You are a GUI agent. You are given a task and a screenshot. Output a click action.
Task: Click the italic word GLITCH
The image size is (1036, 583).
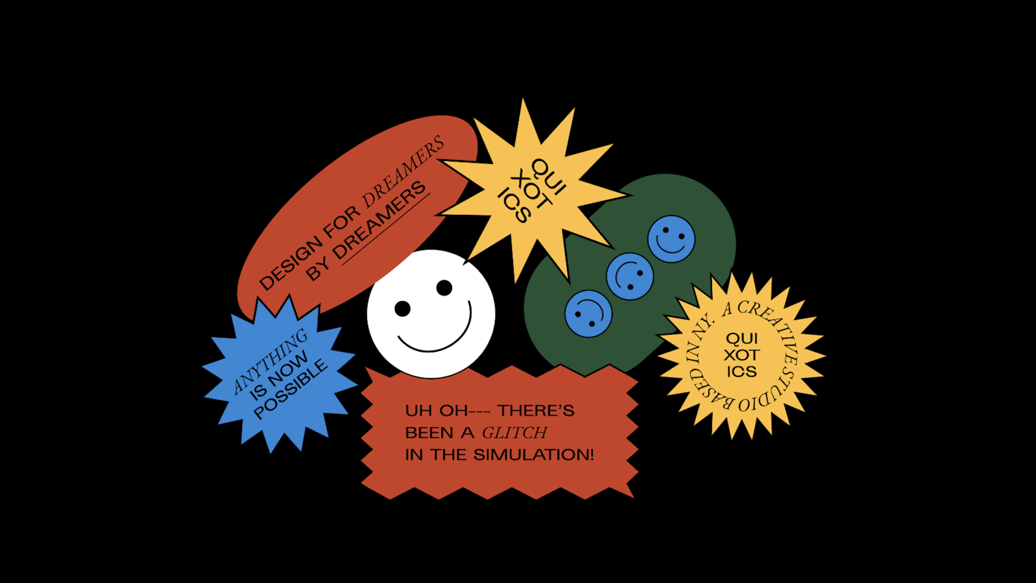[x=514, y=433]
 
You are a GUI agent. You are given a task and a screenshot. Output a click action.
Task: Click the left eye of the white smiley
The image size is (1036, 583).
[x=403, y=309]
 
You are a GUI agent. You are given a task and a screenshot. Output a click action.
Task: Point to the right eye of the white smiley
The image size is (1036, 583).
[x=444, y=288]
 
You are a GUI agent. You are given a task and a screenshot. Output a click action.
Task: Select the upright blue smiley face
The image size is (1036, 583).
[x=671, y=239]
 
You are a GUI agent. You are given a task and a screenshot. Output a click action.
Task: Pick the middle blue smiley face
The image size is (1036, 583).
[x=630, y=276]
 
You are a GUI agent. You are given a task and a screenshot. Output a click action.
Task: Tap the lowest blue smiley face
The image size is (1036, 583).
[x=588, y=313]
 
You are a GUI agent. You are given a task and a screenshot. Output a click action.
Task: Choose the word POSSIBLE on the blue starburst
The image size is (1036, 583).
[x=291, y=389]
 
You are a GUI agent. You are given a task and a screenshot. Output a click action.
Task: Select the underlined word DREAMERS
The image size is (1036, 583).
[x=379, y=220]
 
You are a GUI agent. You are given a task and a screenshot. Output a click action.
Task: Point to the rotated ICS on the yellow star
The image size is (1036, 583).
[x=515, y=205]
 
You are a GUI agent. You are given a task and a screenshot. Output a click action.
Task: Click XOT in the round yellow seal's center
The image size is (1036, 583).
[x=742, y=355]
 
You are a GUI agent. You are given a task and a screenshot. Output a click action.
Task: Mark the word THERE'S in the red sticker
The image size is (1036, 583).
[x=536, y=411]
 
